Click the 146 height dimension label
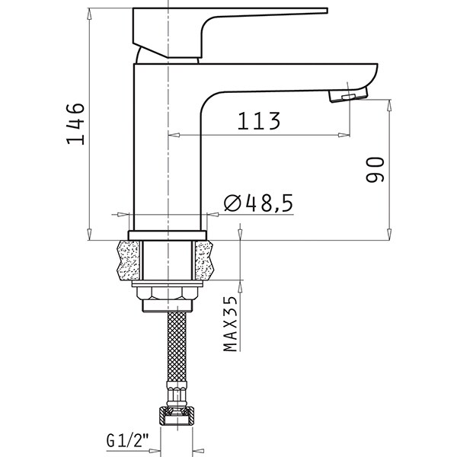coord(75,123)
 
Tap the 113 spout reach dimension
coord(259,120)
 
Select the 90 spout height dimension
coord(375,170)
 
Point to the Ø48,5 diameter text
coord(258,203)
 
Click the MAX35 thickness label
coord(231,324)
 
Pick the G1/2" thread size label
coord(128,440)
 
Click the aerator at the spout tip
coord(348,95)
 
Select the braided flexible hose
coord(177,347)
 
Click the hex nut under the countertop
coord(168,293)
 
